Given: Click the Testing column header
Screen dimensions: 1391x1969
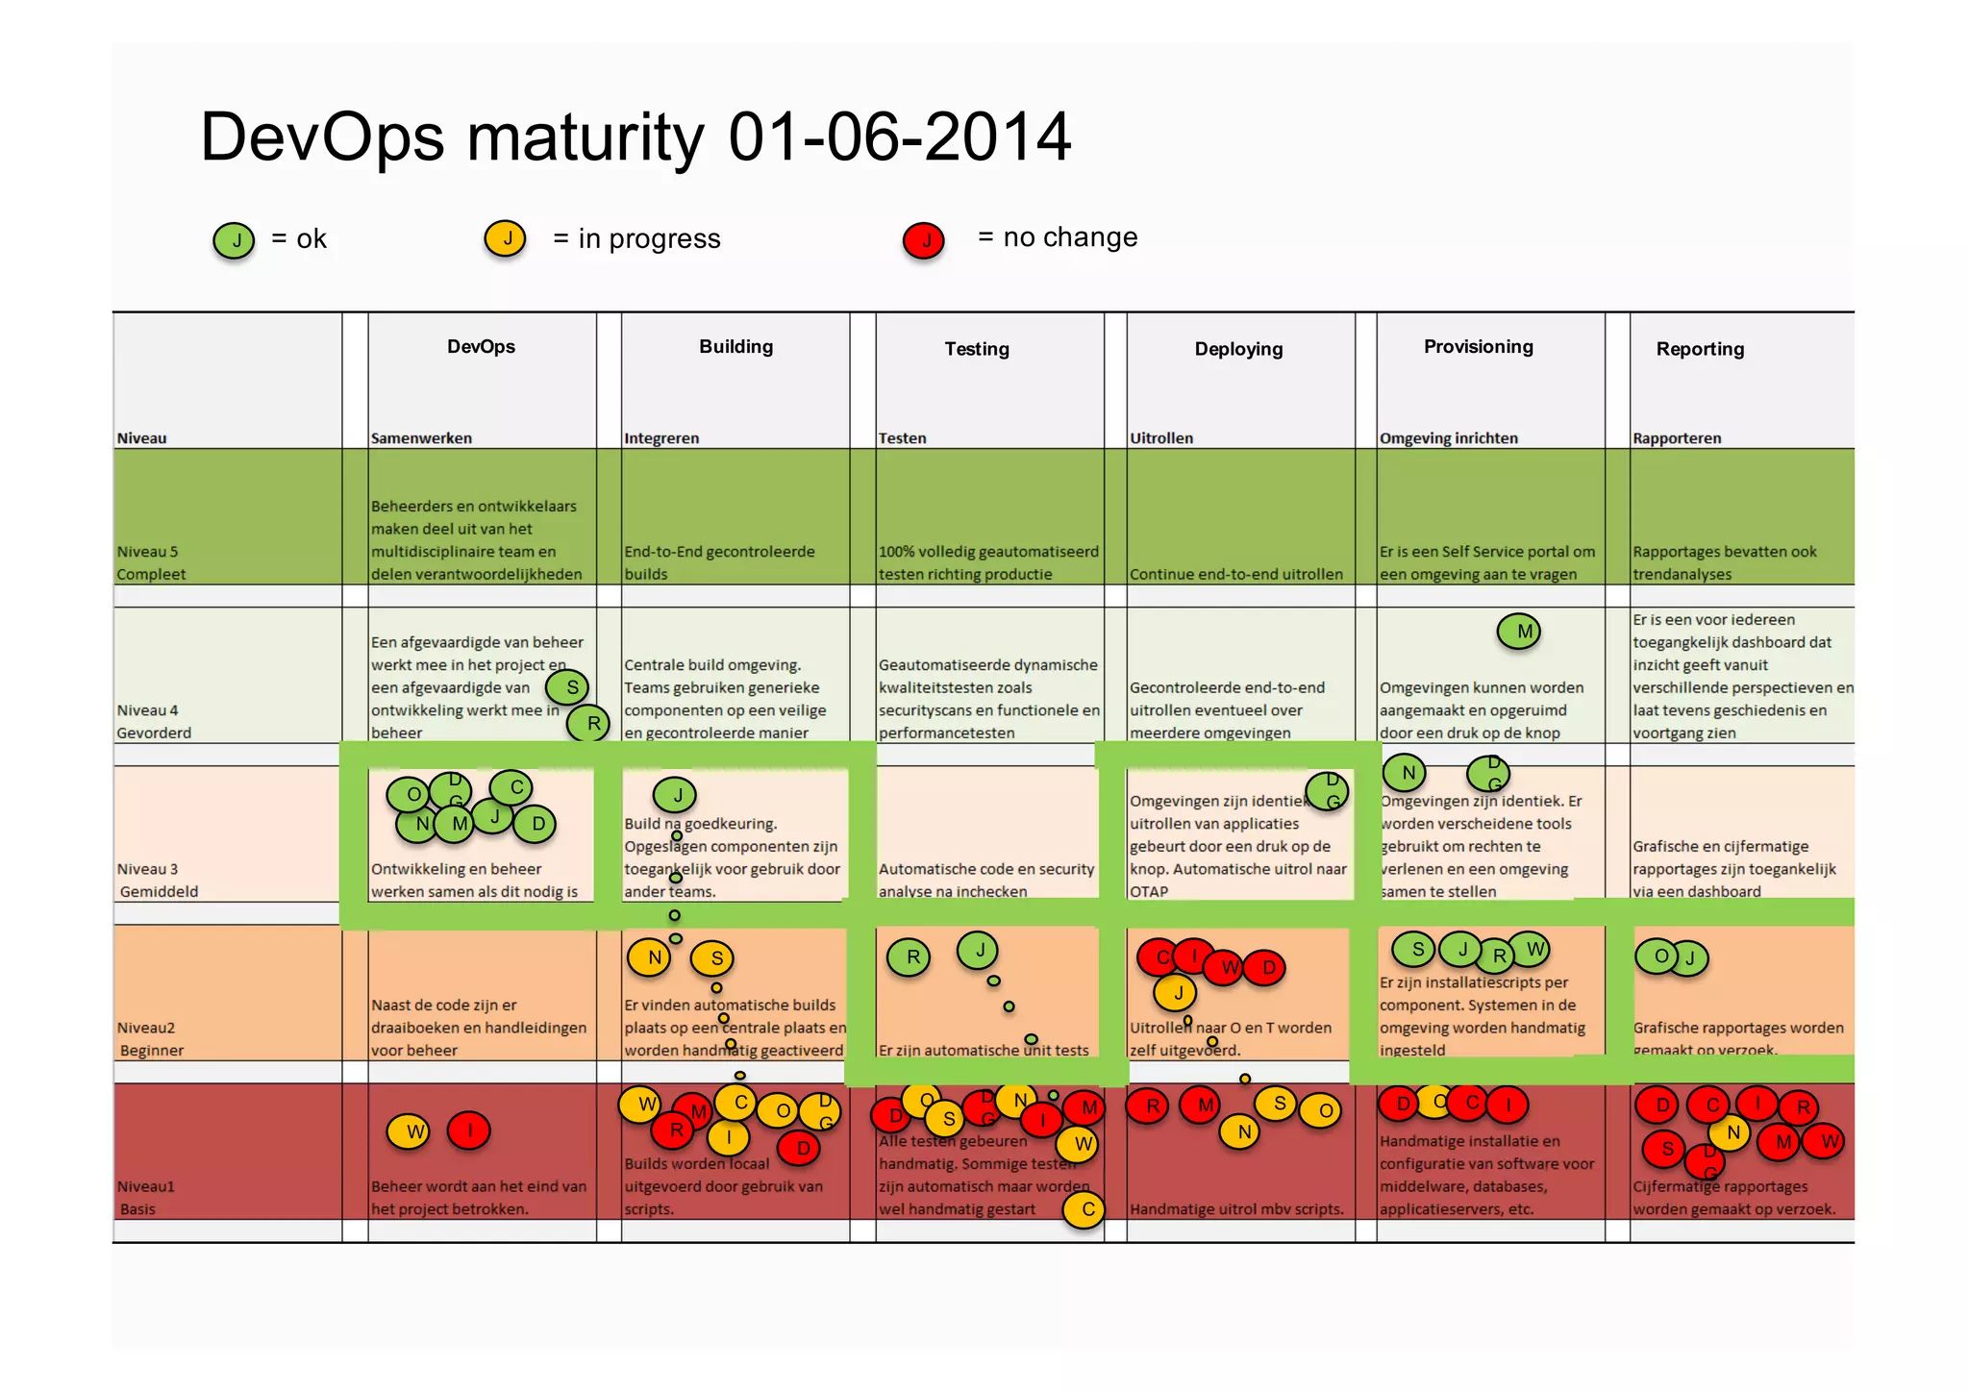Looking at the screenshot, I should pyautogui.click(x=976, y=349).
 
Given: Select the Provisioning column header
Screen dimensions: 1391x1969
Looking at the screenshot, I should pyautogui.click(x=1478, y=347).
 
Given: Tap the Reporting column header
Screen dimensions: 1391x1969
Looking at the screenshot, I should pyautogui.click(x=1699, y=349).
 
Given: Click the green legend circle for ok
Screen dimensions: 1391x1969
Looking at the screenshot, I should pyautogui.click(x=234, y=240).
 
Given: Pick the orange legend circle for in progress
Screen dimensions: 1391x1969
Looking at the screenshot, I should pyautogui.click(x=506, y=238).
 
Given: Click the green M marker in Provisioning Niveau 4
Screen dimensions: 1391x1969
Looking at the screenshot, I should pyautogui.click(x=1519, y=632).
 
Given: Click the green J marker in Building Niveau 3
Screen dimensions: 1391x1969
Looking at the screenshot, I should pyautogui.click(x=675, y=795).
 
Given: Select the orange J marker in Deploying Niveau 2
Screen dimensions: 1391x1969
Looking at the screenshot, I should pyautogui.click(x=1175, y=993).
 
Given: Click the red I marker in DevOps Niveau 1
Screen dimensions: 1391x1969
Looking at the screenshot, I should pyautogui.click(x=469, y=1130).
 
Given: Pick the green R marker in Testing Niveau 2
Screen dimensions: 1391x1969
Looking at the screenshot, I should pyautogui.click(x=910, y=957).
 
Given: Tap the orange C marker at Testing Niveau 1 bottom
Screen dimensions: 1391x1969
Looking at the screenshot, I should pyautogui.click(x=1084, y=1209).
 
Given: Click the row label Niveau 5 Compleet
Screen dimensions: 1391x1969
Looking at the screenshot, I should pyautogui.click(x=150, y=563).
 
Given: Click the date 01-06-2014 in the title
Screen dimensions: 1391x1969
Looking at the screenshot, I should pyautogui.click(x=899, y=137).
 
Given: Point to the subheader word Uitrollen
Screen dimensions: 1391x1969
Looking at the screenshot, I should pyautogui.click(x=1160, y=438).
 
